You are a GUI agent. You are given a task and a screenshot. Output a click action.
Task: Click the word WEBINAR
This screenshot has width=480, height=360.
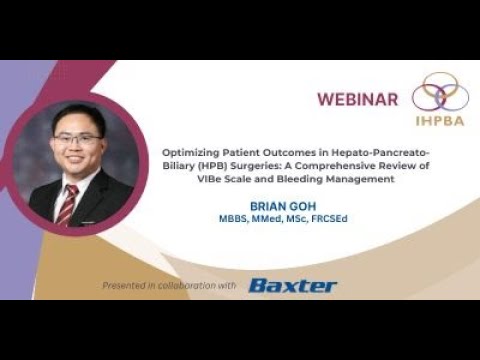click(x=357, y=99)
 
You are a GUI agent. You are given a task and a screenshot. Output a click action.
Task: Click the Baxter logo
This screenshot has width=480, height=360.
click(x=293, y=286)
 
